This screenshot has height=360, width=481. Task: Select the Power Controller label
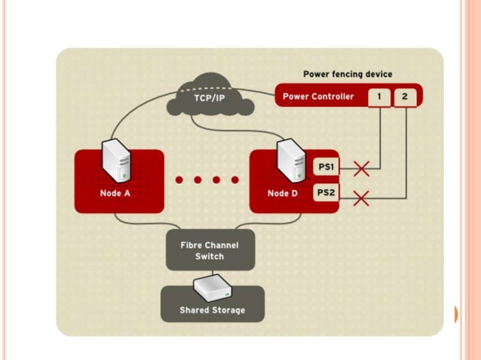(x=317, y=96)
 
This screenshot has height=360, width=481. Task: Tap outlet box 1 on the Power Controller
(x=379, y=96)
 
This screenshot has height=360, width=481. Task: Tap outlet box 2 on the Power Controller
(x=404, y=96)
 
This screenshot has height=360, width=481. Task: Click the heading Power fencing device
(x=347, y=75)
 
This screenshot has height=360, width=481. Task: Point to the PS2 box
(x=324, y=193)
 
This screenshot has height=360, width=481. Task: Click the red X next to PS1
(x=361, y=168)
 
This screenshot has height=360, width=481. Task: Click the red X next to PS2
(x=361, y=198)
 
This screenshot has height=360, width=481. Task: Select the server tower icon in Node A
(x=118, y=159)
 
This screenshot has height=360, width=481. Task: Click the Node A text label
(x=115, y=194)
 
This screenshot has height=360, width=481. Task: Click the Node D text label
(x=283, y=194)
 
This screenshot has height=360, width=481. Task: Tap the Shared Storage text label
(x=212, y=310)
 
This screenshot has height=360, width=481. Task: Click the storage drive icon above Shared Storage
(x=212, y=287)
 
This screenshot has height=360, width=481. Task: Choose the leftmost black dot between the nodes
(x=180, y=180)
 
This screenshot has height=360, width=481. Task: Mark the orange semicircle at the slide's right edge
(x=455, y=314)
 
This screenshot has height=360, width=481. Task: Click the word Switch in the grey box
(x=210, y=257)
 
